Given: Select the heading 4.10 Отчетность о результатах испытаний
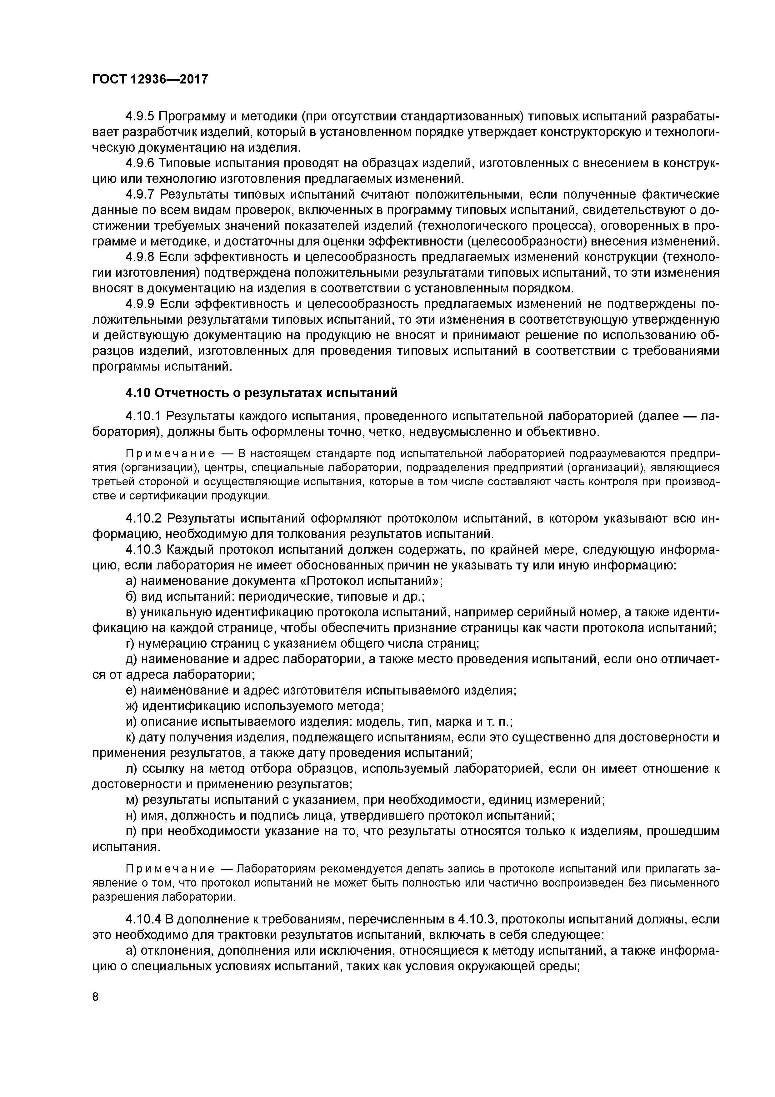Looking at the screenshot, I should coord(261,393).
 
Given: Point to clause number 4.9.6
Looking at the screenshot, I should coord(140,164).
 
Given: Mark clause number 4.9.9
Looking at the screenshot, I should coord(140,304).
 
